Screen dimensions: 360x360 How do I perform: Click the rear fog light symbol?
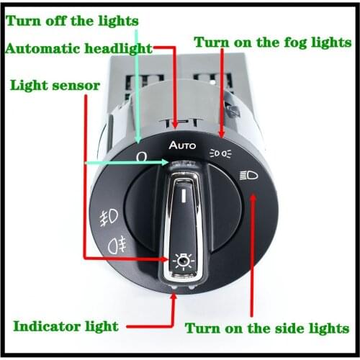tap(117, 243)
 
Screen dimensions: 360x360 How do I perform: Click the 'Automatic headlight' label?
tap(78, 49)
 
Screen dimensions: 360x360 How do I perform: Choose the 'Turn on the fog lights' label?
tap(273, 42)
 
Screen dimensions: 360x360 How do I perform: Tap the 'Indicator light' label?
tap(65, 325)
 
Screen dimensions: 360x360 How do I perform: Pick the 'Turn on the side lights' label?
tap(267, 328)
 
